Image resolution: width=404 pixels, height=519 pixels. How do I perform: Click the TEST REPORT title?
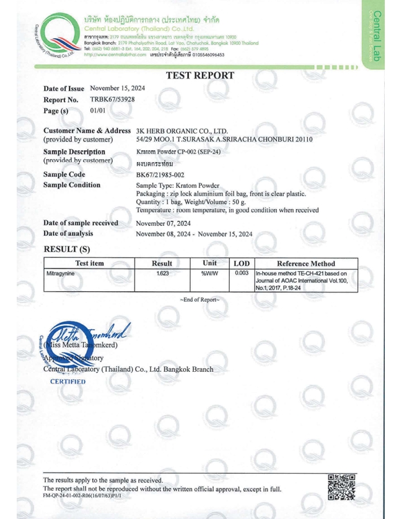200,75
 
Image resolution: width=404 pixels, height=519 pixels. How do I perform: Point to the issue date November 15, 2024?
118,88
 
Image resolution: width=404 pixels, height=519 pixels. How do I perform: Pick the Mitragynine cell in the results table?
59,273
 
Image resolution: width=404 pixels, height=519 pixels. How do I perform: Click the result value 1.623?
162,273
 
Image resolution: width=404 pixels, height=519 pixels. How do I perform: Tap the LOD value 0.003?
242,273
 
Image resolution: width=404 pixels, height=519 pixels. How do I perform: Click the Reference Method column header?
305,264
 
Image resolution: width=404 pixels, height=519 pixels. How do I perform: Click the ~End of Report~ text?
200,299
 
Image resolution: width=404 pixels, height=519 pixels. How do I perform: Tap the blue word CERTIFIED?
68,382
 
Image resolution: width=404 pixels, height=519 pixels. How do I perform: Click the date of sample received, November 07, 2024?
163,223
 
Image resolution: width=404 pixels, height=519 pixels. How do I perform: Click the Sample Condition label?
72,185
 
